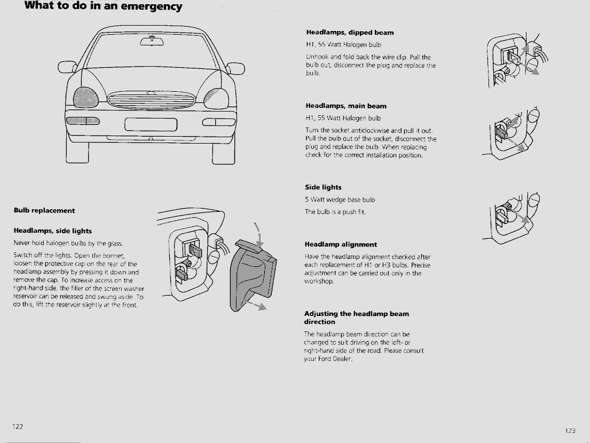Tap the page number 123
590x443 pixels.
tap(570, 431)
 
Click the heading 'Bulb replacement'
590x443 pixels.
tap(44, 210)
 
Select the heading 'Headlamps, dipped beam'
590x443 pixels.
tap(350, 33)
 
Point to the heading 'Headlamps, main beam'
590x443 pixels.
tap(345, 106)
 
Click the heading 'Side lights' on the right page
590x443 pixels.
tap(323, 187)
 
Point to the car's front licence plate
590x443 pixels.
tap(151, 124)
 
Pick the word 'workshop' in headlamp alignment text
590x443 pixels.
tap(319, 281)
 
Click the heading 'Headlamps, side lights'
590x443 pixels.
tap(52, 231)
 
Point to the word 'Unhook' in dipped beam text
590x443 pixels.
tap(317, 57)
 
